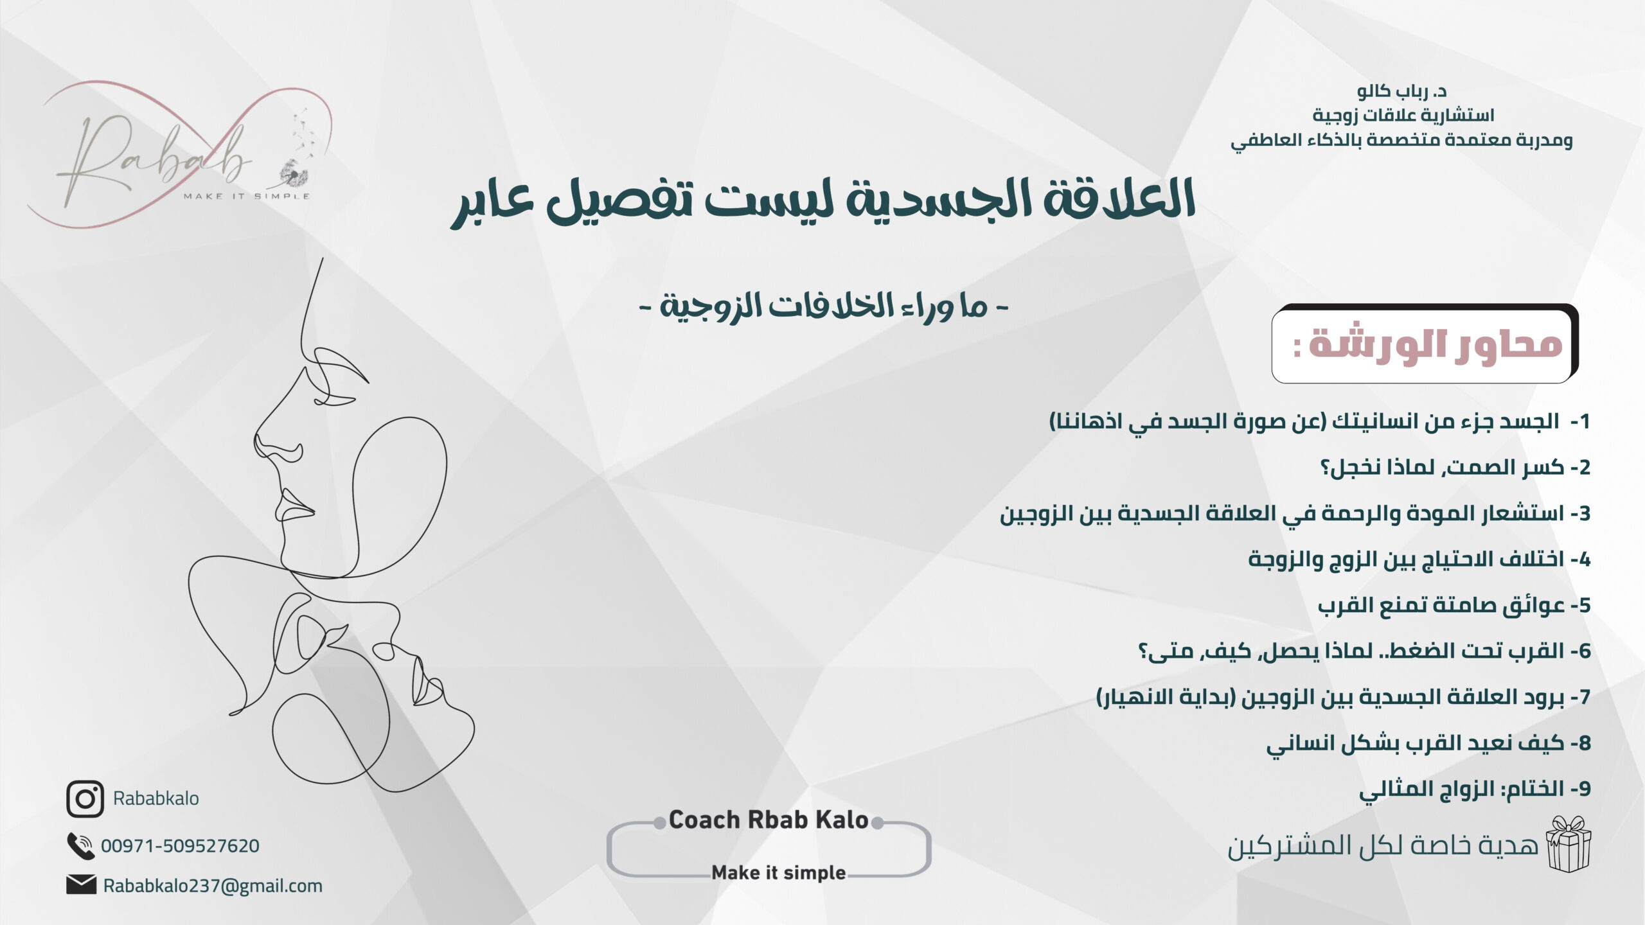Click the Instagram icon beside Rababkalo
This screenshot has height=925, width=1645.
[x=85, y=799]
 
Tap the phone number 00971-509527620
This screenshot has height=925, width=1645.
[x=180, y=846]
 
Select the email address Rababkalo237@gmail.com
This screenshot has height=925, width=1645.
[x=213, y=886]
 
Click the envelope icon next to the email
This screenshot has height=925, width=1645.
[x=81, y=885]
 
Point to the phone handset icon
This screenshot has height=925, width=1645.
[x=81, y=846]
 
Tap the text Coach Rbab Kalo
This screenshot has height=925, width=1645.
[x=769, y=820]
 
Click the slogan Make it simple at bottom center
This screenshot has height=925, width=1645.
[x=779, y=873]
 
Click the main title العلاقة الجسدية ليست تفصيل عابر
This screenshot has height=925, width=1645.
[x=822, y=202]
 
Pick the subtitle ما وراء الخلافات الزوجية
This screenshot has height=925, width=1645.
[x=824, y=307]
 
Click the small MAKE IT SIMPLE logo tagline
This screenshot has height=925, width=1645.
[x=247, y=196]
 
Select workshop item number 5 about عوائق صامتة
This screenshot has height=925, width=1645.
[x=1454, y=606]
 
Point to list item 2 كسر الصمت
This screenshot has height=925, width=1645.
[x=1455, y=468]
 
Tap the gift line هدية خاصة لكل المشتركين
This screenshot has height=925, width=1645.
[x=1383, y=846]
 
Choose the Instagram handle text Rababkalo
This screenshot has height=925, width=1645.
[x=156, y=798]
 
